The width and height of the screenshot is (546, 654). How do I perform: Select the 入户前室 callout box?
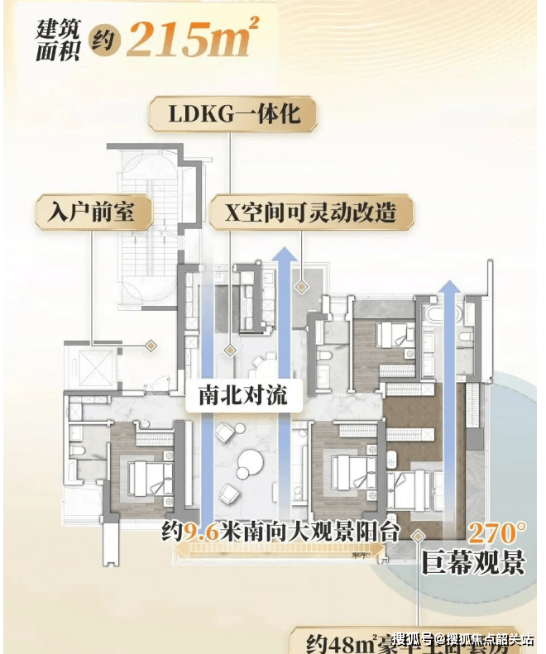click(x=93, y=213)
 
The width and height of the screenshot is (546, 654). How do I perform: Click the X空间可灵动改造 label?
click(x=302, y=213)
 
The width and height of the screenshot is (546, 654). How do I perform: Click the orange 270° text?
click(x=498, y=531)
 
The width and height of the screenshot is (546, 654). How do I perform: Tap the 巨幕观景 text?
click(x=473, y=563)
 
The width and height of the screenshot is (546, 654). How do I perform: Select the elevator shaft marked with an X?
click(x=91, y=366)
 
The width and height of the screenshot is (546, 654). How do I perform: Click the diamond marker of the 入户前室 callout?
click(x=151, y=345)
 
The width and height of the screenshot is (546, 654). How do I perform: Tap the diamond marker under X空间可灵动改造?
click(x=302, y=285)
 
